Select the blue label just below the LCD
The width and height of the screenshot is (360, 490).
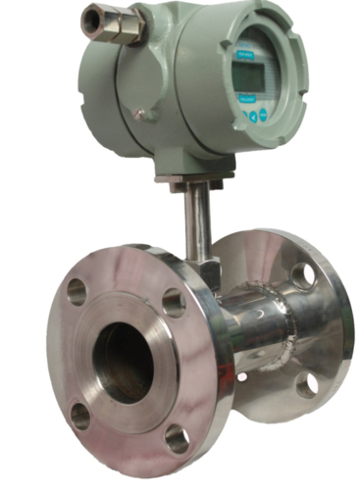pyautogui.click(x=245, y=99)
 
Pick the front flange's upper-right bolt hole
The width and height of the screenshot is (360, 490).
pyautogui.click(x=174, y=303)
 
